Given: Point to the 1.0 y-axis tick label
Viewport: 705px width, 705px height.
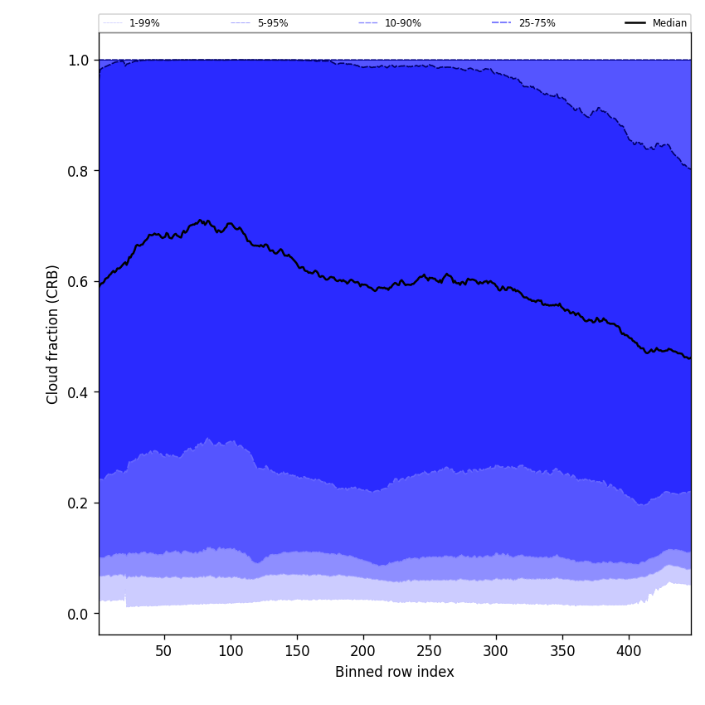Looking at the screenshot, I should pos(78,61).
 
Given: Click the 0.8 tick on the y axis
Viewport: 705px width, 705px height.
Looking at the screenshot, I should pos(78,171).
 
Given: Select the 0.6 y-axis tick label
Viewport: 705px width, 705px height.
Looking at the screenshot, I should pos(78,282).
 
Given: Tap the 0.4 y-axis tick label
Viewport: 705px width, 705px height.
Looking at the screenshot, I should pos(78,392).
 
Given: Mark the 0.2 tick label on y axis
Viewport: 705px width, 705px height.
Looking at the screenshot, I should pos(78,503).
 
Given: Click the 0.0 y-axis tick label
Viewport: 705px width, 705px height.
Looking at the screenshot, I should pos(78,614).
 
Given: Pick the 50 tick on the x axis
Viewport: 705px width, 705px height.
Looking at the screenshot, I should pos(164,651).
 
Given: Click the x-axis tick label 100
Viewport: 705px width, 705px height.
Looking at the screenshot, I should pos(231,651).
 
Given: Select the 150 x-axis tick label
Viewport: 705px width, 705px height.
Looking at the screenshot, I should pos(297,651).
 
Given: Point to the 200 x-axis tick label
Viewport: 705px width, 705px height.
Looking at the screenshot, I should pos(363,651).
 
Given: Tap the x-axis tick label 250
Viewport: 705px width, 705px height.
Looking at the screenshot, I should pos(430,651).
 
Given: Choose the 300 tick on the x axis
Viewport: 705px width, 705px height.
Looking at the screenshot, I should pos(496,651).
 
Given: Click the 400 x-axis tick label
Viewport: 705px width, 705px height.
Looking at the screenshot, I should pos(629,651).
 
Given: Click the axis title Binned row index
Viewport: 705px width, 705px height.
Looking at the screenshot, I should pos(395,672).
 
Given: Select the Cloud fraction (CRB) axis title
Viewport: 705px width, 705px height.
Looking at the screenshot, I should pos(53,334).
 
